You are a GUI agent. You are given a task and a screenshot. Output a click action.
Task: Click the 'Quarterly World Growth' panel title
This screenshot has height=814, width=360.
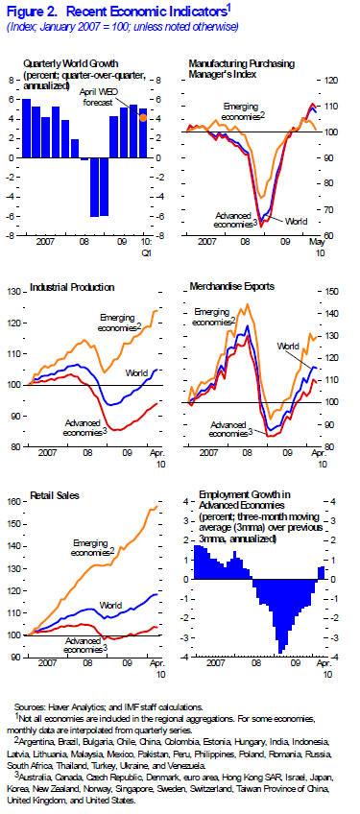[65, 63]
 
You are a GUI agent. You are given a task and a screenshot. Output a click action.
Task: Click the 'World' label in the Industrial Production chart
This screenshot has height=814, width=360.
[138, 371]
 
